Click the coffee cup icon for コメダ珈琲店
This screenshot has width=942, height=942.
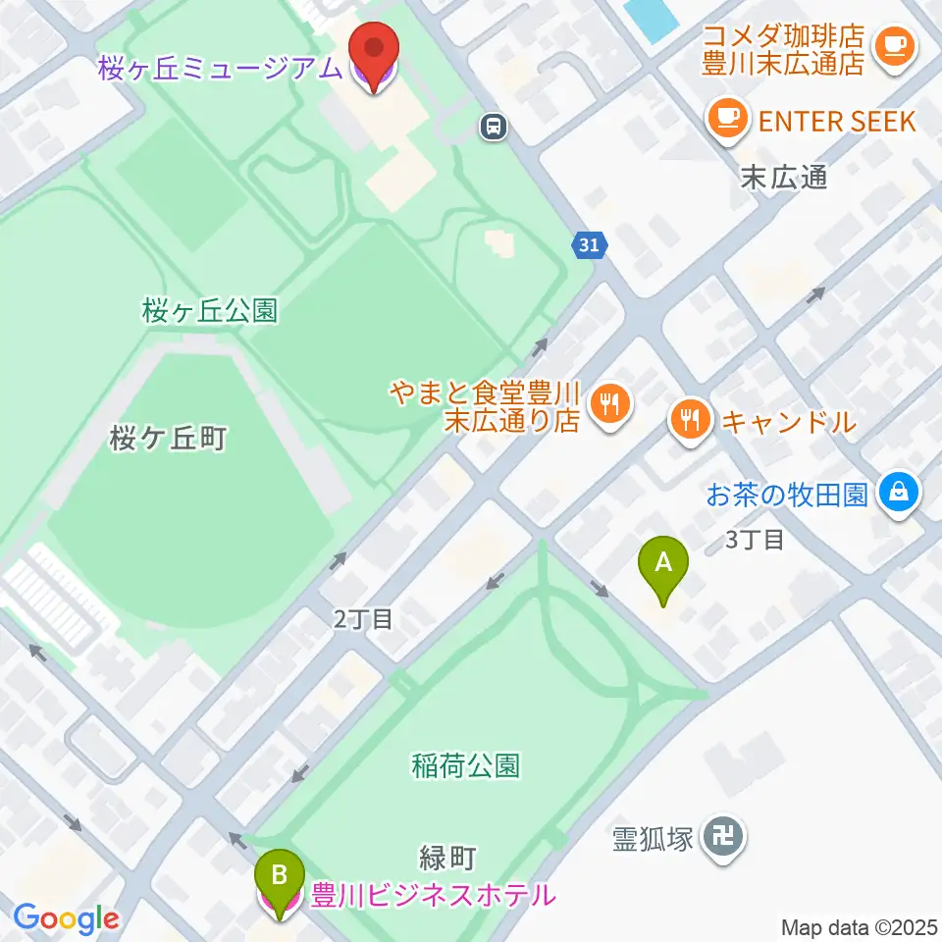point(894,44)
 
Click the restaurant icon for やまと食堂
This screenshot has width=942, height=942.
point(609,402)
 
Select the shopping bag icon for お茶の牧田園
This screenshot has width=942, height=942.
point(899,492)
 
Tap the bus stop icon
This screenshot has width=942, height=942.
point(493,125)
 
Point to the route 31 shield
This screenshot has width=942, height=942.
point(588,245)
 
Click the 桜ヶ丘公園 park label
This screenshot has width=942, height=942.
point(209,311)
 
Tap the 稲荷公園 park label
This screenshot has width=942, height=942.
point(466,764)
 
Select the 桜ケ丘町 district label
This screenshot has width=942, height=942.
point(168,439)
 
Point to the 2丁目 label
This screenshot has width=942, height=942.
point(363,619)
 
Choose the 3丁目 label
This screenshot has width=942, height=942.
point(754,539)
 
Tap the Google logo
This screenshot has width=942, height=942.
point(66,918)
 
